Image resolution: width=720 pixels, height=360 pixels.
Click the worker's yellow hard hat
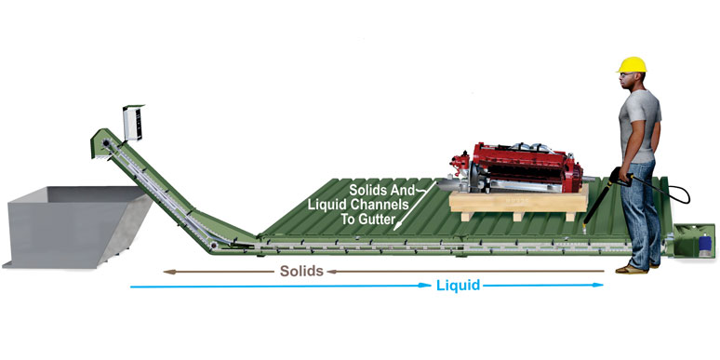click(631, 64)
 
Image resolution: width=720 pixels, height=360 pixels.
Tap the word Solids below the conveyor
click(300, 272)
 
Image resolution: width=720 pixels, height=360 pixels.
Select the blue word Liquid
click(458, 286)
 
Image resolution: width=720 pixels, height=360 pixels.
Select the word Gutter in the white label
click(367, 223)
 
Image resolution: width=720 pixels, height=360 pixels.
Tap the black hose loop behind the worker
click(676, 192)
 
